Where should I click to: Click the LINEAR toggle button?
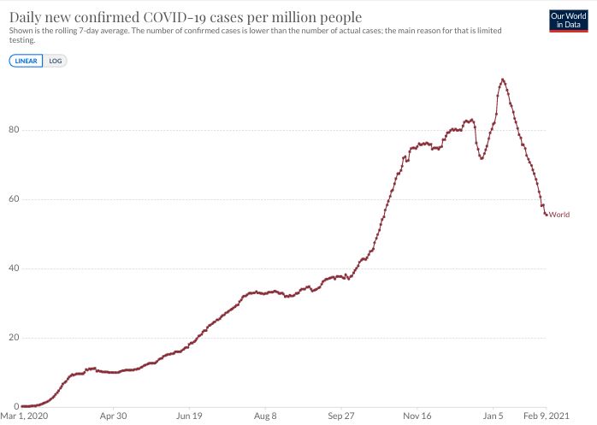click(26, 61)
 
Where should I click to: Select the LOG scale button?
click(56, 61)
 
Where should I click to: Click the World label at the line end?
click(559, 215)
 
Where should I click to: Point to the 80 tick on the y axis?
click(14, 130)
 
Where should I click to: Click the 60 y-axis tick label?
click(14, 199)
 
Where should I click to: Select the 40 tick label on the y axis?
click(14, 269)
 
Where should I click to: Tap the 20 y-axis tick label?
click(14, 338)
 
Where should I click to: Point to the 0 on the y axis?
click(16, 407)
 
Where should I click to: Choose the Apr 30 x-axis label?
click(114, 416)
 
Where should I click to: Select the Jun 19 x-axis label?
click(189, 416)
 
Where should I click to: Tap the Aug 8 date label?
click(265, 416)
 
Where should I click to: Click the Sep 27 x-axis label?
click(341, 416)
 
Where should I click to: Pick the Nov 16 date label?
click(417, 416)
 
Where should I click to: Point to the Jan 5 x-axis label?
click(494, 416)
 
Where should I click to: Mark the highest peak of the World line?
click(502, 80)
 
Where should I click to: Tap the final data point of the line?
click(547, 214)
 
